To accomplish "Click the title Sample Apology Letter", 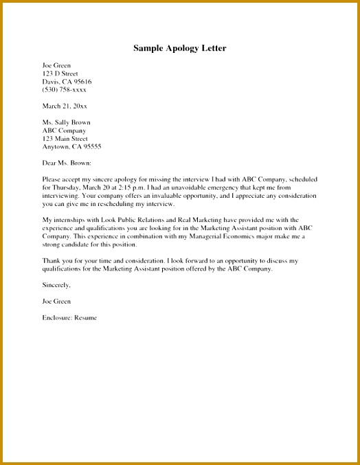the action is pyautogui.click(x=179, y=49).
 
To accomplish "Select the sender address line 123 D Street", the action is pyautogui.click(x=60, y=73).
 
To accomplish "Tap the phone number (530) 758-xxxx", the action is pyautogui.click(x=65, y=89).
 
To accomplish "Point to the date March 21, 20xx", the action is pyautogui.click(x=65, y=106).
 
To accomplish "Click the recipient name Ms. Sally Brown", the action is pyautogui.click(x=66, y=122).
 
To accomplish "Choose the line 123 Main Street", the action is pyautogui.click(x=65, y=138).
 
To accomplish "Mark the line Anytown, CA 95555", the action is pyautogui.click(x=71, y=146).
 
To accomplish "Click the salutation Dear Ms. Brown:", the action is pyautogui.click(x=67, y=163).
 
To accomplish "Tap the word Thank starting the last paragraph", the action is pyautogui.click(x=51, y=261).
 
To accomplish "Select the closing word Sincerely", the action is pyautogui.click(x=56, y=285).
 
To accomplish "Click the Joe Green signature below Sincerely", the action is pyautogui.click(x=56, y=302).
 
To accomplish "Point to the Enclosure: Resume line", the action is pyautogui.click(x=69, y=317).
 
